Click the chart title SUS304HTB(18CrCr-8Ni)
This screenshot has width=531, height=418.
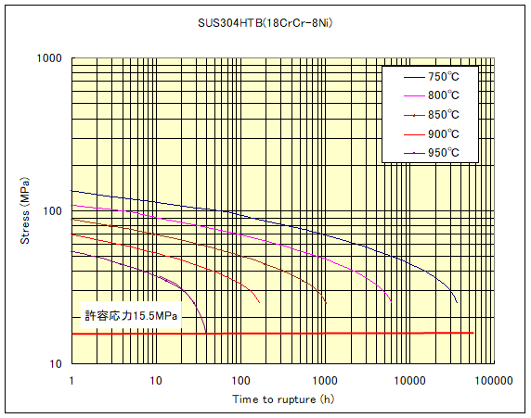click(x=265, y=22)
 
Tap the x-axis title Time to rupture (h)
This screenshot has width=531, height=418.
click(x=283, y=399)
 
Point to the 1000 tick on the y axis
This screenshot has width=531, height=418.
click(x=47, y=58)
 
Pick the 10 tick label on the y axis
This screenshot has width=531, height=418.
click(x=53, y=363)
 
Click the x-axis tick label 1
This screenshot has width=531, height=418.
click(x=71, y=380)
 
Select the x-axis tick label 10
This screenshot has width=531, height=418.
click(x=156, y=380)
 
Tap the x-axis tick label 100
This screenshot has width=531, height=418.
click(x=240, y=380)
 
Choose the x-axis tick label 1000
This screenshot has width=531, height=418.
click(x=325, y=380)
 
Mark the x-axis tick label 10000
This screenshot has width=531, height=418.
click(x=409, y=380)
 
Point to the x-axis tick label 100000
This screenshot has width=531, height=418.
click(x=492, y=380)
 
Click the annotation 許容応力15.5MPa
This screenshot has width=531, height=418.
click(x=132, y=316)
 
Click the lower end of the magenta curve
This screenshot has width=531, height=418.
click(x=392, y=301)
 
